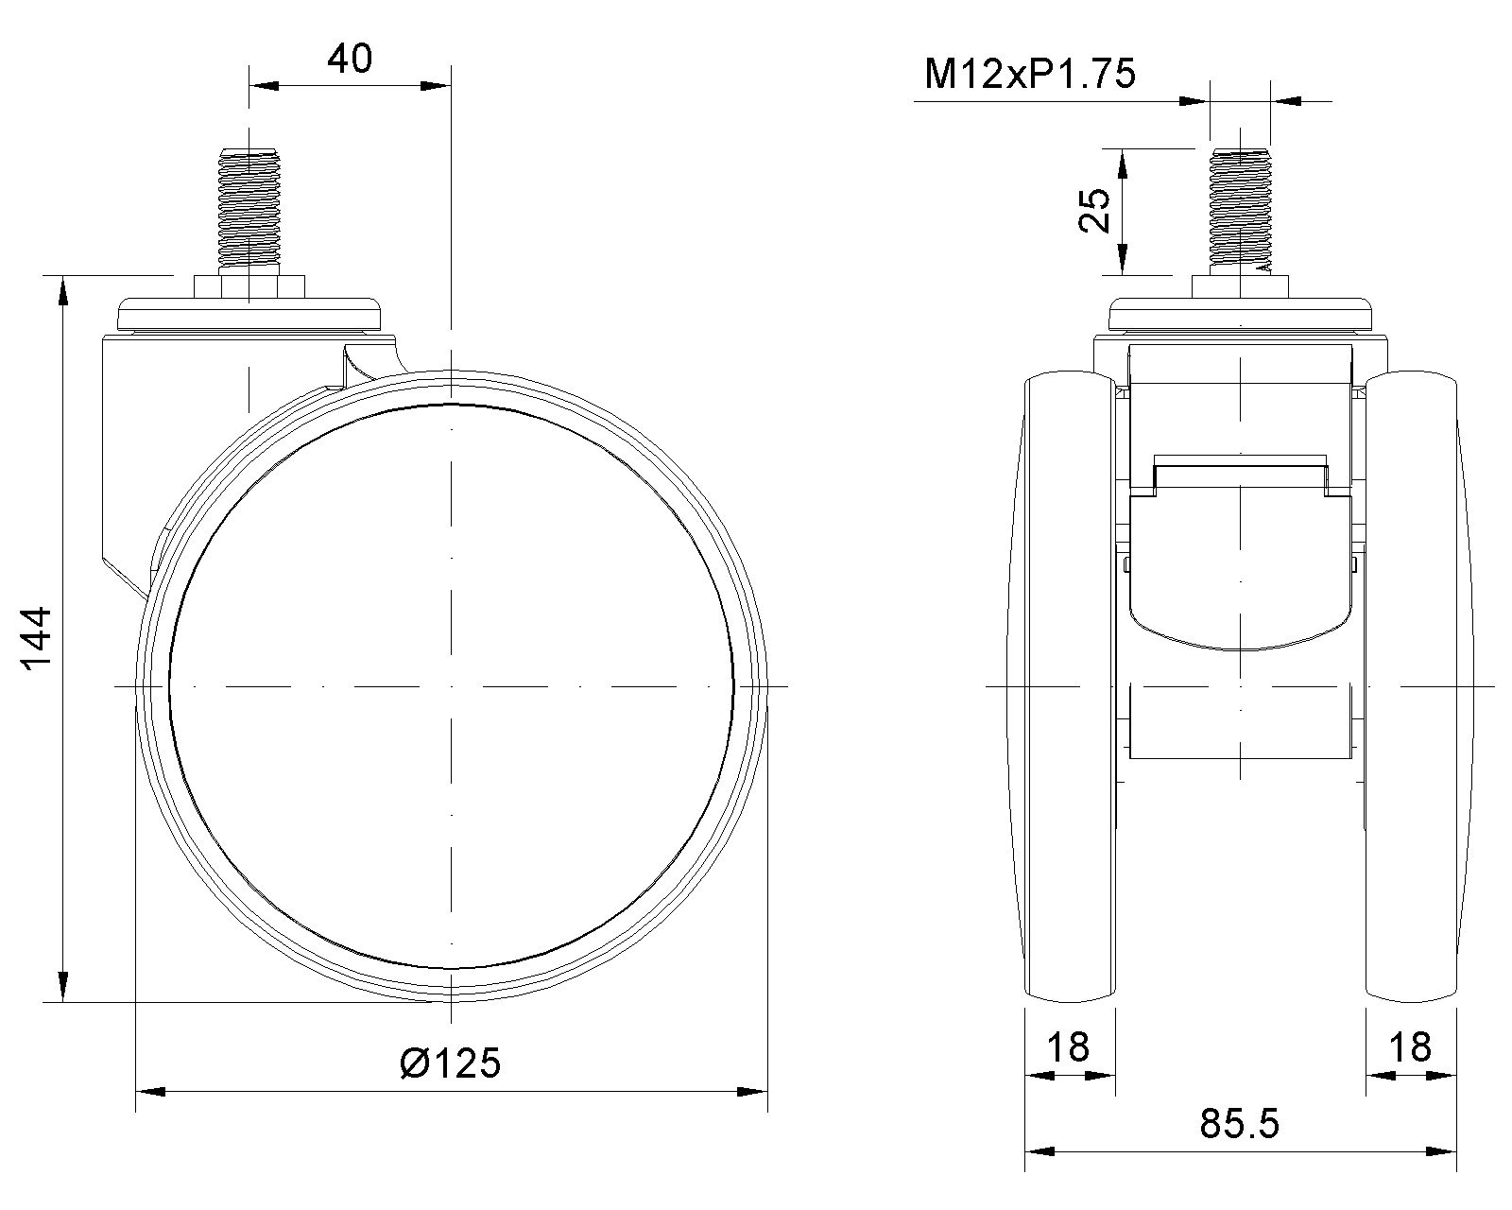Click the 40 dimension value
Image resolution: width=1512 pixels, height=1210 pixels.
[x=350, y=59]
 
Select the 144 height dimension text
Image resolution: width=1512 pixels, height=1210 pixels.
[x=36, y=638]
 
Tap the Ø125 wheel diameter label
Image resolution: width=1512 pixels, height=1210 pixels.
[x=450, y=1063]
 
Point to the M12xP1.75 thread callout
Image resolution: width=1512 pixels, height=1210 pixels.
[x=1029, y=74]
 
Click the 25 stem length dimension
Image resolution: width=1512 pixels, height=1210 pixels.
[x=1094, y=210]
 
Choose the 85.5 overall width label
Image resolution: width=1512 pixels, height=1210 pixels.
[x=1240, y=1124]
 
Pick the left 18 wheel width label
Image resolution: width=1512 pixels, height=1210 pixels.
[x=1068, y=1047]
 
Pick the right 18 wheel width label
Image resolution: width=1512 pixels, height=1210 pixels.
[x=1410, y=1047]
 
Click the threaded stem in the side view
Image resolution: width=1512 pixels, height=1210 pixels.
[x=249, y=211]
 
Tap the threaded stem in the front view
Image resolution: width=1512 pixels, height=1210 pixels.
[x=1240, y=211]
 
